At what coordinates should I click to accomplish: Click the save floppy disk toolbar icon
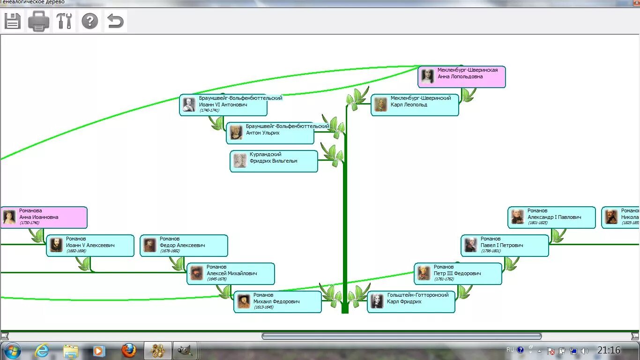coord(13,21)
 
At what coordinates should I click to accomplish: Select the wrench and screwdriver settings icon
coord(64,21)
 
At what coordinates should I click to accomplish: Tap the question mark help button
coord(90,21)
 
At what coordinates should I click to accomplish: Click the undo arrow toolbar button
coord(115,21)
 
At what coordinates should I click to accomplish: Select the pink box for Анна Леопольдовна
coord(461,76)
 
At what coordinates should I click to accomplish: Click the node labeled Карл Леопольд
coord(415,105)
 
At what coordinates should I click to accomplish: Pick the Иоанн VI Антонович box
coord(223,105)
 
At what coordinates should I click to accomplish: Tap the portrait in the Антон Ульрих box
coord(236,132)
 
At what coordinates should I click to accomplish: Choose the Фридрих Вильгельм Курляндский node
coord(274,161)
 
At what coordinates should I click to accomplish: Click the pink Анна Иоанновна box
coord(44,217)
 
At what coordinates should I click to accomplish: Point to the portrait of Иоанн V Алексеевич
coord(56,245)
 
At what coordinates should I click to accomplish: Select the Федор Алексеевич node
coord(184,245)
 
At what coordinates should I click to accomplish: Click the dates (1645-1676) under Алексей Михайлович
coord(217,279)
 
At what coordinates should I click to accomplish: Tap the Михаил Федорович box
coord(277,301)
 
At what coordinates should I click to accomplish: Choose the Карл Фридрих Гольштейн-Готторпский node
coord(411,301)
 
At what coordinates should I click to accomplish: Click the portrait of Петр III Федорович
coord(424,273)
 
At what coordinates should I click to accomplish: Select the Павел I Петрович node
coord(505,245)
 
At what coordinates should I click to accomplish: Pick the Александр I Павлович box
coord(551,217)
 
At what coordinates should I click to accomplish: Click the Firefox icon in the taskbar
coord(129,350)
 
